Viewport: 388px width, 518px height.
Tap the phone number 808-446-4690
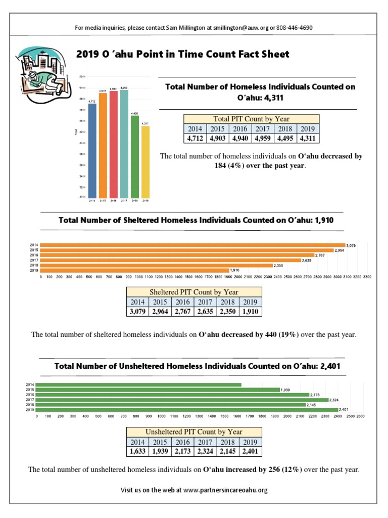(x=295, y=27)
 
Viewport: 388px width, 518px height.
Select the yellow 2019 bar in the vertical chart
(x=145, y=162)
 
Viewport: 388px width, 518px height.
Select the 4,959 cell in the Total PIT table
(x=262, y=138)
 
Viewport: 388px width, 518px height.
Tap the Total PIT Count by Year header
(x=251, y=119)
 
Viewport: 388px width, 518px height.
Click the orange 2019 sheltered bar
(x=134, y=270)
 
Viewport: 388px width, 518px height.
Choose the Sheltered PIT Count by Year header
(x=194, y=292)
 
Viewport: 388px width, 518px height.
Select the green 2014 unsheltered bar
(x=139, y=385)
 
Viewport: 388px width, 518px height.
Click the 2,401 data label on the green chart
(x=345, y=409)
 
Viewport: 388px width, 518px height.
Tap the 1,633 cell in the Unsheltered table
(x=137, y=451)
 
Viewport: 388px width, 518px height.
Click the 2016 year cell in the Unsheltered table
(x=182, y=442)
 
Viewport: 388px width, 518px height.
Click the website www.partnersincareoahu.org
(x=225, y=490)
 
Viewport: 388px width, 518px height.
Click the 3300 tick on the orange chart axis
(x=367, y=277)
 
